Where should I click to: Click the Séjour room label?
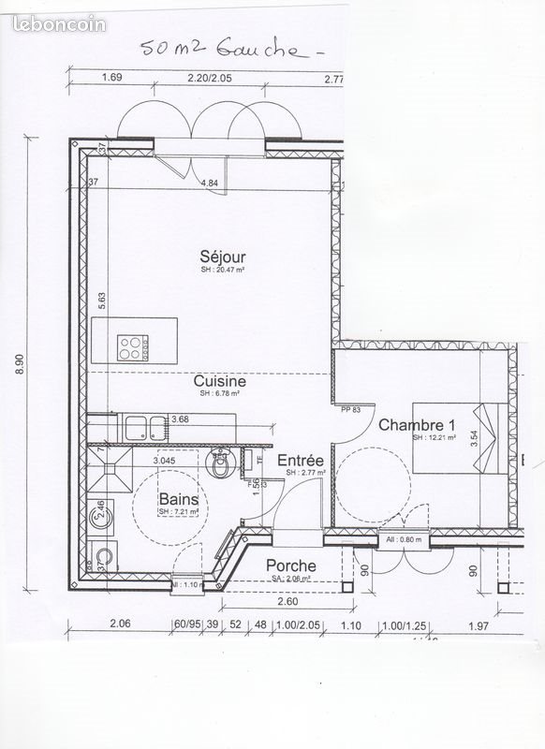tap(216, 256)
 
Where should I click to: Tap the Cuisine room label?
tap(220, 381)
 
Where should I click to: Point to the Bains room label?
tap(177, 500)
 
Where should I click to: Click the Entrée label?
tap(301, 461)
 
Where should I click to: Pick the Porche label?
tap(290, 566)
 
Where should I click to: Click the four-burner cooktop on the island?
tap(131, 347)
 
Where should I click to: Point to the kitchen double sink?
tap(142, 428)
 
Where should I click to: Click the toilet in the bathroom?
tap(221, 464)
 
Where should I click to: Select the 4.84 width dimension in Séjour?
tap(210, 184)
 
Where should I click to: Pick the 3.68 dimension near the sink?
tap(180, 419)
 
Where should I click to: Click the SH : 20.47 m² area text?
tap(222, 270)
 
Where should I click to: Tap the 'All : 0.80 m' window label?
tap(404, 540)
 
